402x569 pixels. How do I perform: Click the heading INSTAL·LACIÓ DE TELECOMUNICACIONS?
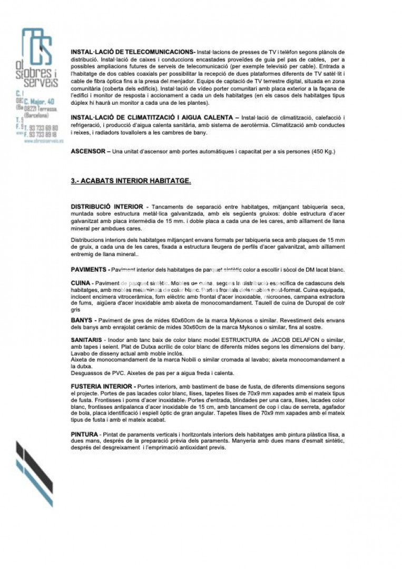coord(132,52)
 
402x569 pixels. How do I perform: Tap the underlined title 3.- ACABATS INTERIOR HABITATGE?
coord(131,181)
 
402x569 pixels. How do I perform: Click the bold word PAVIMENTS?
coord(89,270)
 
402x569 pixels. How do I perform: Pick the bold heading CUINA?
coord(81,283)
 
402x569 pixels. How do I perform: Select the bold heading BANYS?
coord(82,320)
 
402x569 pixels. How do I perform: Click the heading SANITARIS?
coord(86,340)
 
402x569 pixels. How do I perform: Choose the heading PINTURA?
coord(85,434)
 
